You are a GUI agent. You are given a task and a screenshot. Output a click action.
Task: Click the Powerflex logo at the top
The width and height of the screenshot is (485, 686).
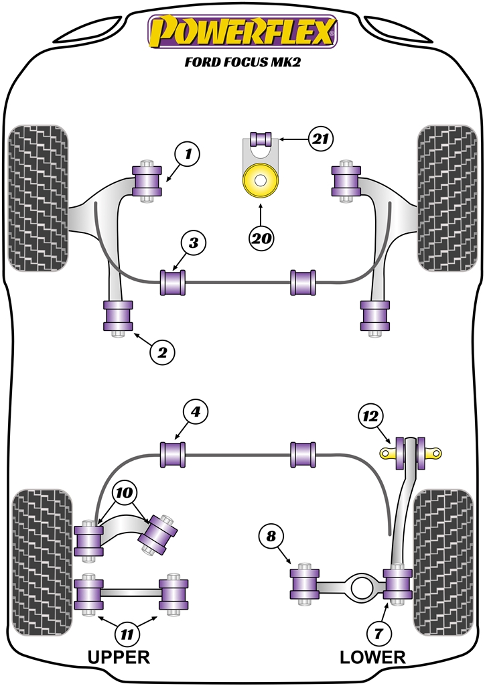[x=242, y=32]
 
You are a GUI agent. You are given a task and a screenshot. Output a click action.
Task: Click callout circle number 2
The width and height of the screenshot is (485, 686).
[x=161, y=351]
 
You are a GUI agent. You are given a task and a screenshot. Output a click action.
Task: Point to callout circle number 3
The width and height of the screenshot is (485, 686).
[x=193, y=243]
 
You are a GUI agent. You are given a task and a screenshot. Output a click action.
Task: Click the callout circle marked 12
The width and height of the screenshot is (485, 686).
[x=370, y=417]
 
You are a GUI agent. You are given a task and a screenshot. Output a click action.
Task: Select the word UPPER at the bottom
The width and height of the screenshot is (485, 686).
[x=118, y=657]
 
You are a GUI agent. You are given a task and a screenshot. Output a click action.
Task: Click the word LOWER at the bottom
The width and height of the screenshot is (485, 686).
[x=372, y=657]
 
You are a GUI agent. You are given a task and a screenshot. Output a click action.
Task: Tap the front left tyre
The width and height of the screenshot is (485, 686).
[x=39, y=198]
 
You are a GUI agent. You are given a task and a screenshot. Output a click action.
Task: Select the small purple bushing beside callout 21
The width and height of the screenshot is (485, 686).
[x=260, y=139]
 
